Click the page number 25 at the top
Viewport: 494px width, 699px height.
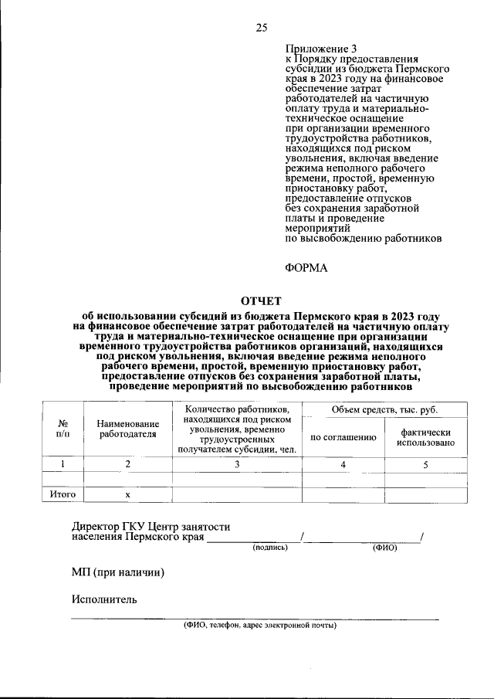coord(261,28)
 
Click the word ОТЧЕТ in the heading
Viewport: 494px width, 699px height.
coord(262,301)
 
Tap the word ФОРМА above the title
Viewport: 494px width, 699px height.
coord(306,268)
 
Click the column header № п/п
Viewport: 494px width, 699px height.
coord(63,429)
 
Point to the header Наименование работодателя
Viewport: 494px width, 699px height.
coord(128,429)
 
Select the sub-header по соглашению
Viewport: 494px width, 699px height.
coord(343,437)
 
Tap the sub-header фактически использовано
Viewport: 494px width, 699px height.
coord(425,437)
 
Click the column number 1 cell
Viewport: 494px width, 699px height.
coord(63,463)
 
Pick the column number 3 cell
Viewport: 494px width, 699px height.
coord(237,463)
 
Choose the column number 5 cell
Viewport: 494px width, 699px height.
coord(425,463)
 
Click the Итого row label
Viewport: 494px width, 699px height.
coord(63,494)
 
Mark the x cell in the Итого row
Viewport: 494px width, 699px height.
coord(128,494)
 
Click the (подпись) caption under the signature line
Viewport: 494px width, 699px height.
coord(269,548)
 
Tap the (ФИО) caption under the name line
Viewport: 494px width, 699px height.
coord(384,548)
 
